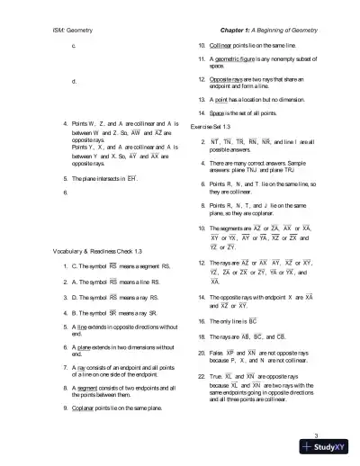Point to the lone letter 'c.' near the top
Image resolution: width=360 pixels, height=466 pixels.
point(73,44)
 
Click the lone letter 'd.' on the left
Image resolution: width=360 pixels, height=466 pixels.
point(73,80)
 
